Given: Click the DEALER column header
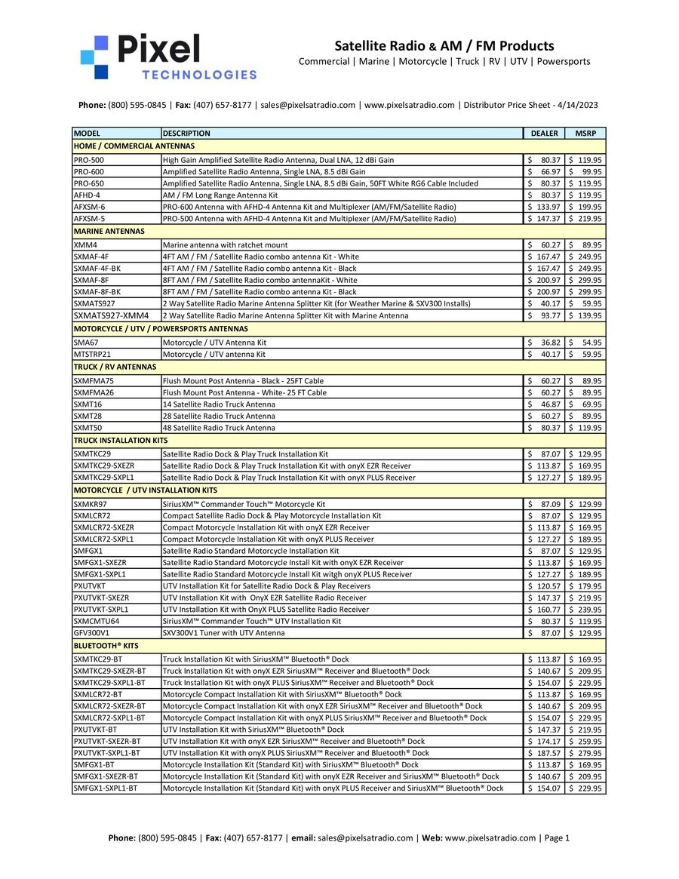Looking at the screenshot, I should [x=544, y=134].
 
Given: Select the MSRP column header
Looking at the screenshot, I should [x=585, y=134].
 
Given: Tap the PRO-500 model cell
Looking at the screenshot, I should [x=89, y=160].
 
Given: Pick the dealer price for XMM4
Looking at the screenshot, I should [x=544, y=245].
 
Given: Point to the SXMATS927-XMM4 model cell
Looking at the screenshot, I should [x=111, y=315].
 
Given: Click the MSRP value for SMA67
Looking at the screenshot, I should [x=585, y=343].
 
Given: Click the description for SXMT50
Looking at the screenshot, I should [x=219, y=428].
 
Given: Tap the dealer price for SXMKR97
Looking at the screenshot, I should [x=544, y=503].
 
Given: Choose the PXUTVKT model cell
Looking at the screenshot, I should [x=90, y=585].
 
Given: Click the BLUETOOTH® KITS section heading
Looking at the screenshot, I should [x=106, y=647].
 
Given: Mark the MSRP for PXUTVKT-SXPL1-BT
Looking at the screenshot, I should [x=585, y=753].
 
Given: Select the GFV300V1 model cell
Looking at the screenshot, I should [x=91, y=632].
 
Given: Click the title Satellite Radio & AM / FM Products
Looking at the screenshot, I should [x=444, y=46].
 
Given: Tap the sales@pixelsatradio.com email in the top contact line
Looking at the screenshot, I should [x=308, y=105].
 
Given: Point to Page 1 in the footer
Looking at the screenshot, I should [x=557, y=838].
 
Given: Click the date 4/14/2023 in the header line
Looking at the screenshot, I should [x=577, y=105].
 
